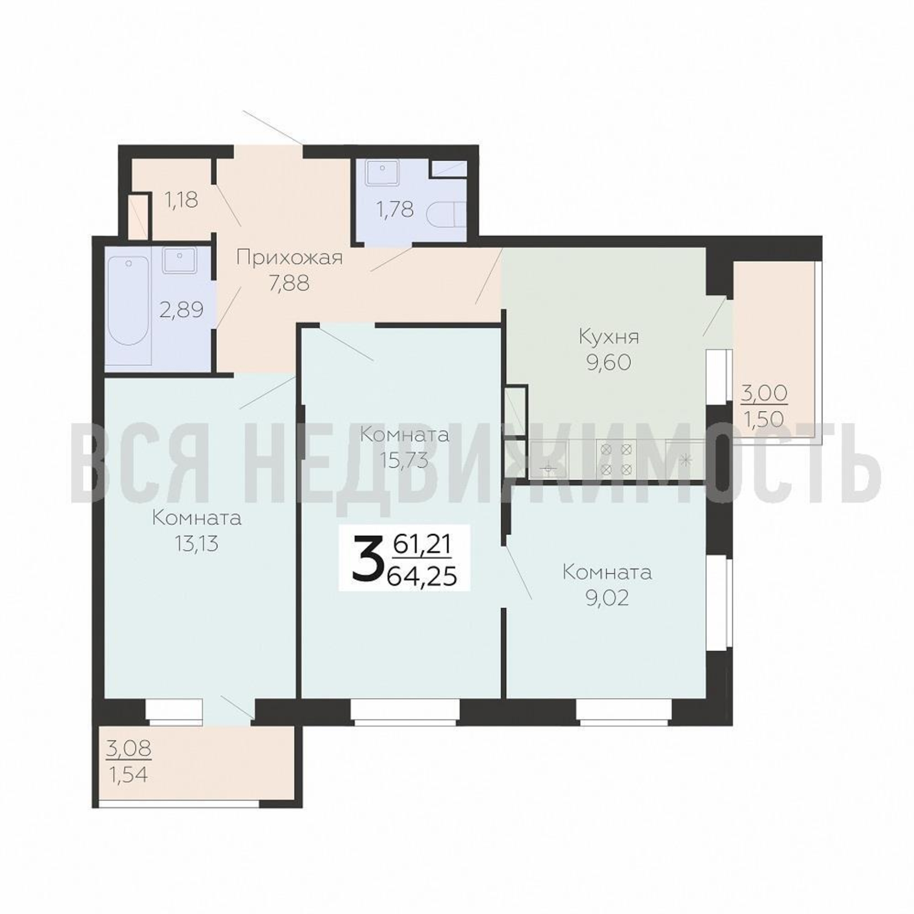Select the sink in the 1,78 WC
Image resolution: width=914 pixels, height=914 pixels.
coord(382,173)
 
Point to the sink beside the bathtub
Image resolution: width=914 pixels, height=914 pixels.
coord(180,260)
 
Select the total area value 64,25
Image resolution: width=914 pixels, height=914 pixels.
coord(422,576)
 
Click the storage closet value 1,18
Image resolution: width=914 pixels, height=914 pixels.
coord(181,200)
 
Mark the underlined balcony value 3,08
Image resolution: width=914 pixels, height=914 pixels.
coord(129,749)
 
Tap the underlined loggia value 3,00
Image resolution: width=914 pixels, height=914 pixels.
coord(764,393)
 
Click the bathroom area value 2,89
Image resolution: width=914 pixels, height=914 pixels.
coord(182,310)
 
